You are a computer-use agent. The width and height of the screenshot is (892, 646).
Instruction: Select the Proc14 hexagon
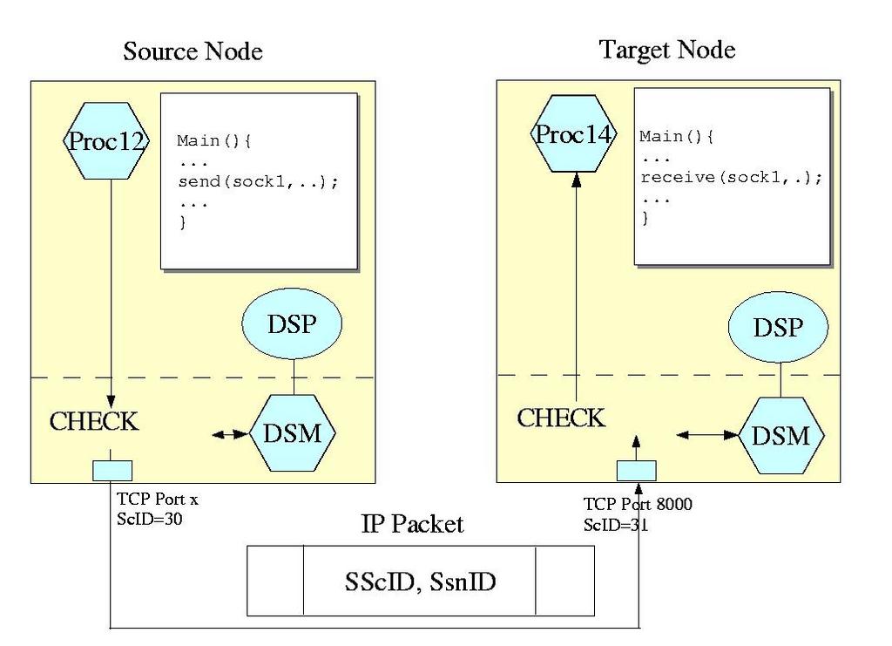coord(574,135)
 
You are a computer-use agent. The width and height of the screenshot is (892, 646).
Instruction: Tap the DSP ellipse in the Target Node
coord(778,328)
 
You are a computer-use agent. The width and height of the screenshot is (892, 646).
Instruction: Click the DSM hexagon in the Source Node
coord(294,432)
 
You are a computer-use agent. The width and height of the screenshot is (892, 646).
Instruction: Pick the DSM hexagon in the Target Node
coord(780,435)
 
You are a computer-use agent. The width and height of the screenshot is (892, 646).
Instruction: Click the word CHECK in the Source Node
coord(94,422)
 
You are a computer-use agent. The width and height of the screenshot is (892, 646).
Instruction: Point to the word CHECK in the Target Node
coord(561,418)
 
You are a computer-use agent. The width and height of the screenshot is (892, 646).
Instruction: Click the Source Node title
coord(193,51)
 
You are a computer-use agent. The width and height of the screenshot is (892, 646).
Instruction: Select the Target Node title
coord(667,50)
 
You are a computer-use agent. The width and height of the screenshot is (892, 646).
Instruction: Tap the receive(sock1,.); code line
coord(731,178)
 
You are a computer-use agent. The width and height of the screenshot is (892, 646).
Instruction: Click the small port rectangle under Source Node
coord(112,471)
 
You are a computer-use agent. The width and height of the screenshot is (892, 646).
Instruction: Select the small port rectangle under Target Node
coord(637,471)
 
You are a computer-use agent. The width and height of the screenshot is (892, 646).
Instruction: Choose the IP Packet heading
coord(412,524)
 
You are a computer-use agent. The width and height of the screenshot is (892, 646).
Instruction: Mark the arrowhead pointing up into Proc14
coord(575,180)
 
